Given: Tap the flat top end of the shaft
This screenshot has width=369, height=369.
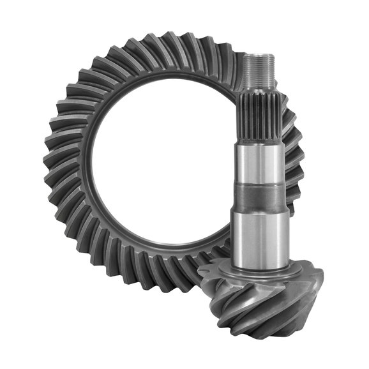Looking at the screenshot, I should click(x=259, y=56).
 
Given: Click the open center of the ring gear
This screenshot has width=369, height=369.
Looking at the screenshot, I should click(x=160, y=166).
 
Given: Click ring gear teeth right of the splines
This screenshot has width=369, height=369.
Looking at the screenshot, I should click(x=290, y=134).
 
